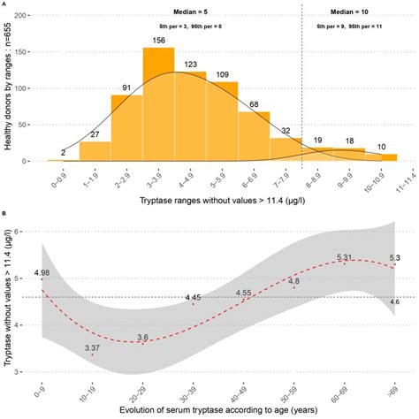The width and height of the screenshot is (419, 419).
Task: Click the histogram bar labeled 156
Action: tap(158, 106)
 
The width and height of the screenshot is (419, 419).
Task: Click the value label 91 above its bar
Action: tap(126, 88)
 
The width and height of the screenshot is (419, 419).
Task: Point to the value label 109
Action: tap(222, 74)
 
